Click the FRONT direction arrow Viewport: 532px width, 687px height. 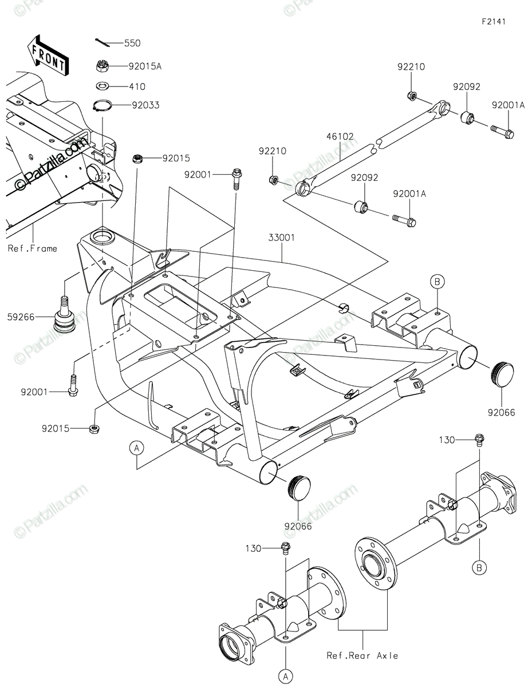point(49,56)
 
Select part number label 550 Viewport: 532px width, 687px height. point(132,43)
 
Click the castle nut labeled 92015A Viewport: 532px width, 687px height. point(103,66)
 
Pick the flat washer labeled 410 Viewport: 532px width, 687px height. point(103,86)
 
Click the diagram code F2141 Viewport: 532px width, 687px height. point(493,21)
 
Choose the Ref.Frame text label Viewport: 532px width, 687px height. point(33,248)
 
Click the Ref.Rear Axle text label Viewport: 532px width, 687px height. point(362,656)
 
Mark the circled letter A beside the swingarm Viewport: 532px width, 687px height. point(136,448)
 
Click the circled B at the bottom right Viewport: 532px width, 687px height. point(480,568)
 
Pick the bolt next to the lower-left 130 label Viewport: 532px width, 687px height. point(285,548)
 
